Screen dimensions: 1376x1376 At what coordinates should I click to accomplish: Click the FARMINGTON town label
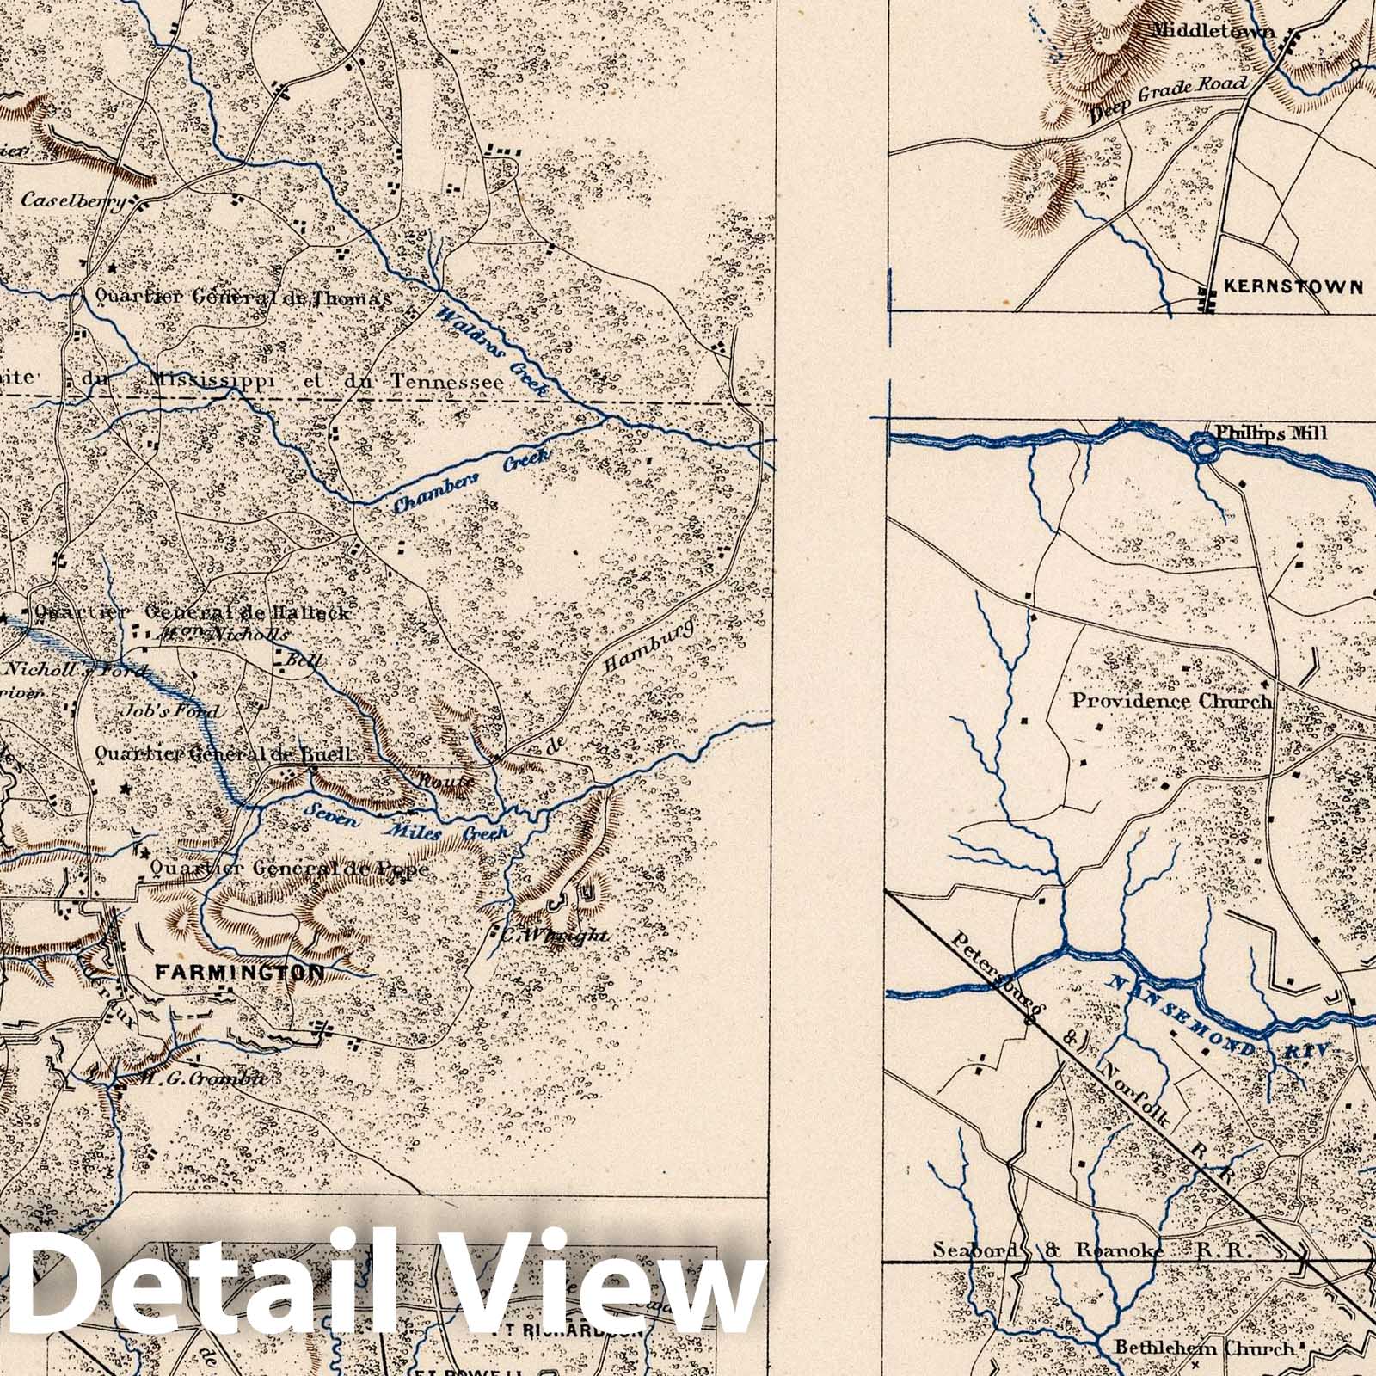[x=240, y=973]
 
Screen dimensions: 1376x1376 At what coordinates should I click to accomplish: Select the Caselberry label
[x=72, y=200]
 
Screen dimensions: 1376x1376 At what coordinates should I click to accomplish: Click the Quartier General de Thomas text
[x=243, y=297]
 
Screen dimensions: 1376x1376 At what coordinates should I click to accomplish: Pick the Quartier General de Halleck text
[x=191, y=613]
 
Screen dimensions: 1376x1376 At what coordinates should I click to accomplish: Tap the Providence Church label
[x=1170, y=701]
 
